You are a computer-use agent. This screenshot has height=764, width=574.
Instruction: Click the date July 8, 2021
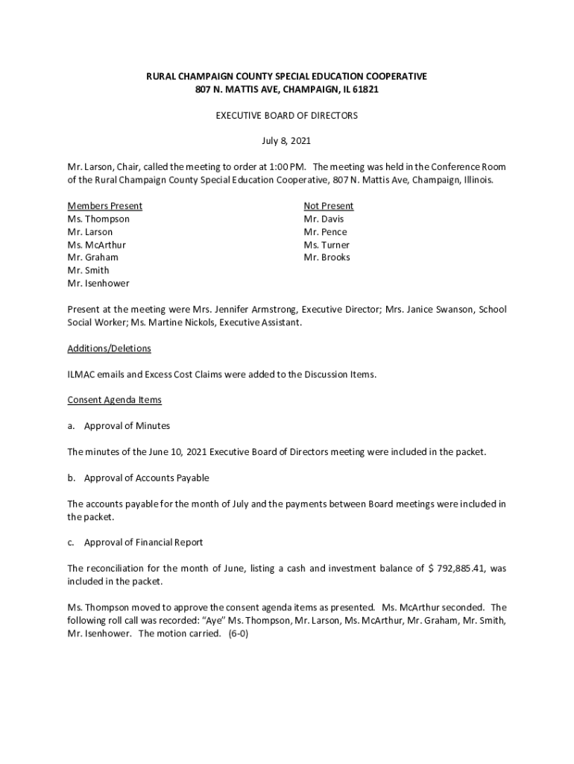[x=286, y=140]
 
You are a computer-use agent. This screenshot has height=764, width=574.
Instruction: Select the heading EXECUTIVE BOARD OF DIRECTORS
[x=286, y=116]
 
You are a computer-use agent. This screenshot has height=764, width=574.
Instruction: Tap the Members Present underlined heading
[x=104, y=206]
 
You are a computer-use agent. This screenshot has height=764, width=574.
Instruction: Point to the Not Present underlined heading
[x=328, y=206]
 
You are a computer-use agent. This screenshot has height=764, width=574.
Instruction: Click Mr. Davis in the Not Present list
[x=324, y=219]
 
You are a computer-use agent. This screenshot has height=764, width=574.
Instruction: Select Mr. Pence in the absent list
[x=325, y=232]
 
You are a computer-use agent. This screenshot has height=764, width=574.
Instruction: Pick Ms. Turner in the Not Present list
[x=327, y=245]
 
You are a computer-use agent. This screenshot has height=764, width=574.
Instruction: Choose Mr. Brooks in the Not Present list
[x=327, y=257]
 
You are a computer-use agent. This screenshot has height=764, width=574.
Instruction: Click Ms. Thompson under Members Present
[x=98, y=219]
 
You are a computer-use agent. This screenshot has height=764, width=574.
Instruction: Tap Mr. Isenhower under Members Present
[x=98, y=284]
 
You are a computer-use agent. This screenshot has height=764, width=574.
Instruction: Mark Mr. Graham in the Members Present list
[x=92, y=257]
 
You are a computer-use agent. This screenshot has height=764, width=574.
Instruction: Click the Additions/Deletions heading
[x=109, y=348]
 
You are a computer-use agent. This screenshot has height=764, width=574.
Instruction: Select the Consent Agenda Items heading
[x=114, y=400]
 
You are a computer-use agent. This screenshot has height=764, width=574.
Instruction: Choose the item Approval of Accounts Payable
[x=146, y=477]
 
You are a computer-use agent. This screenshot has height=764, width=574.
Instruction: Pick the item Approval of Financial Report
[x=143, y=542]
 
